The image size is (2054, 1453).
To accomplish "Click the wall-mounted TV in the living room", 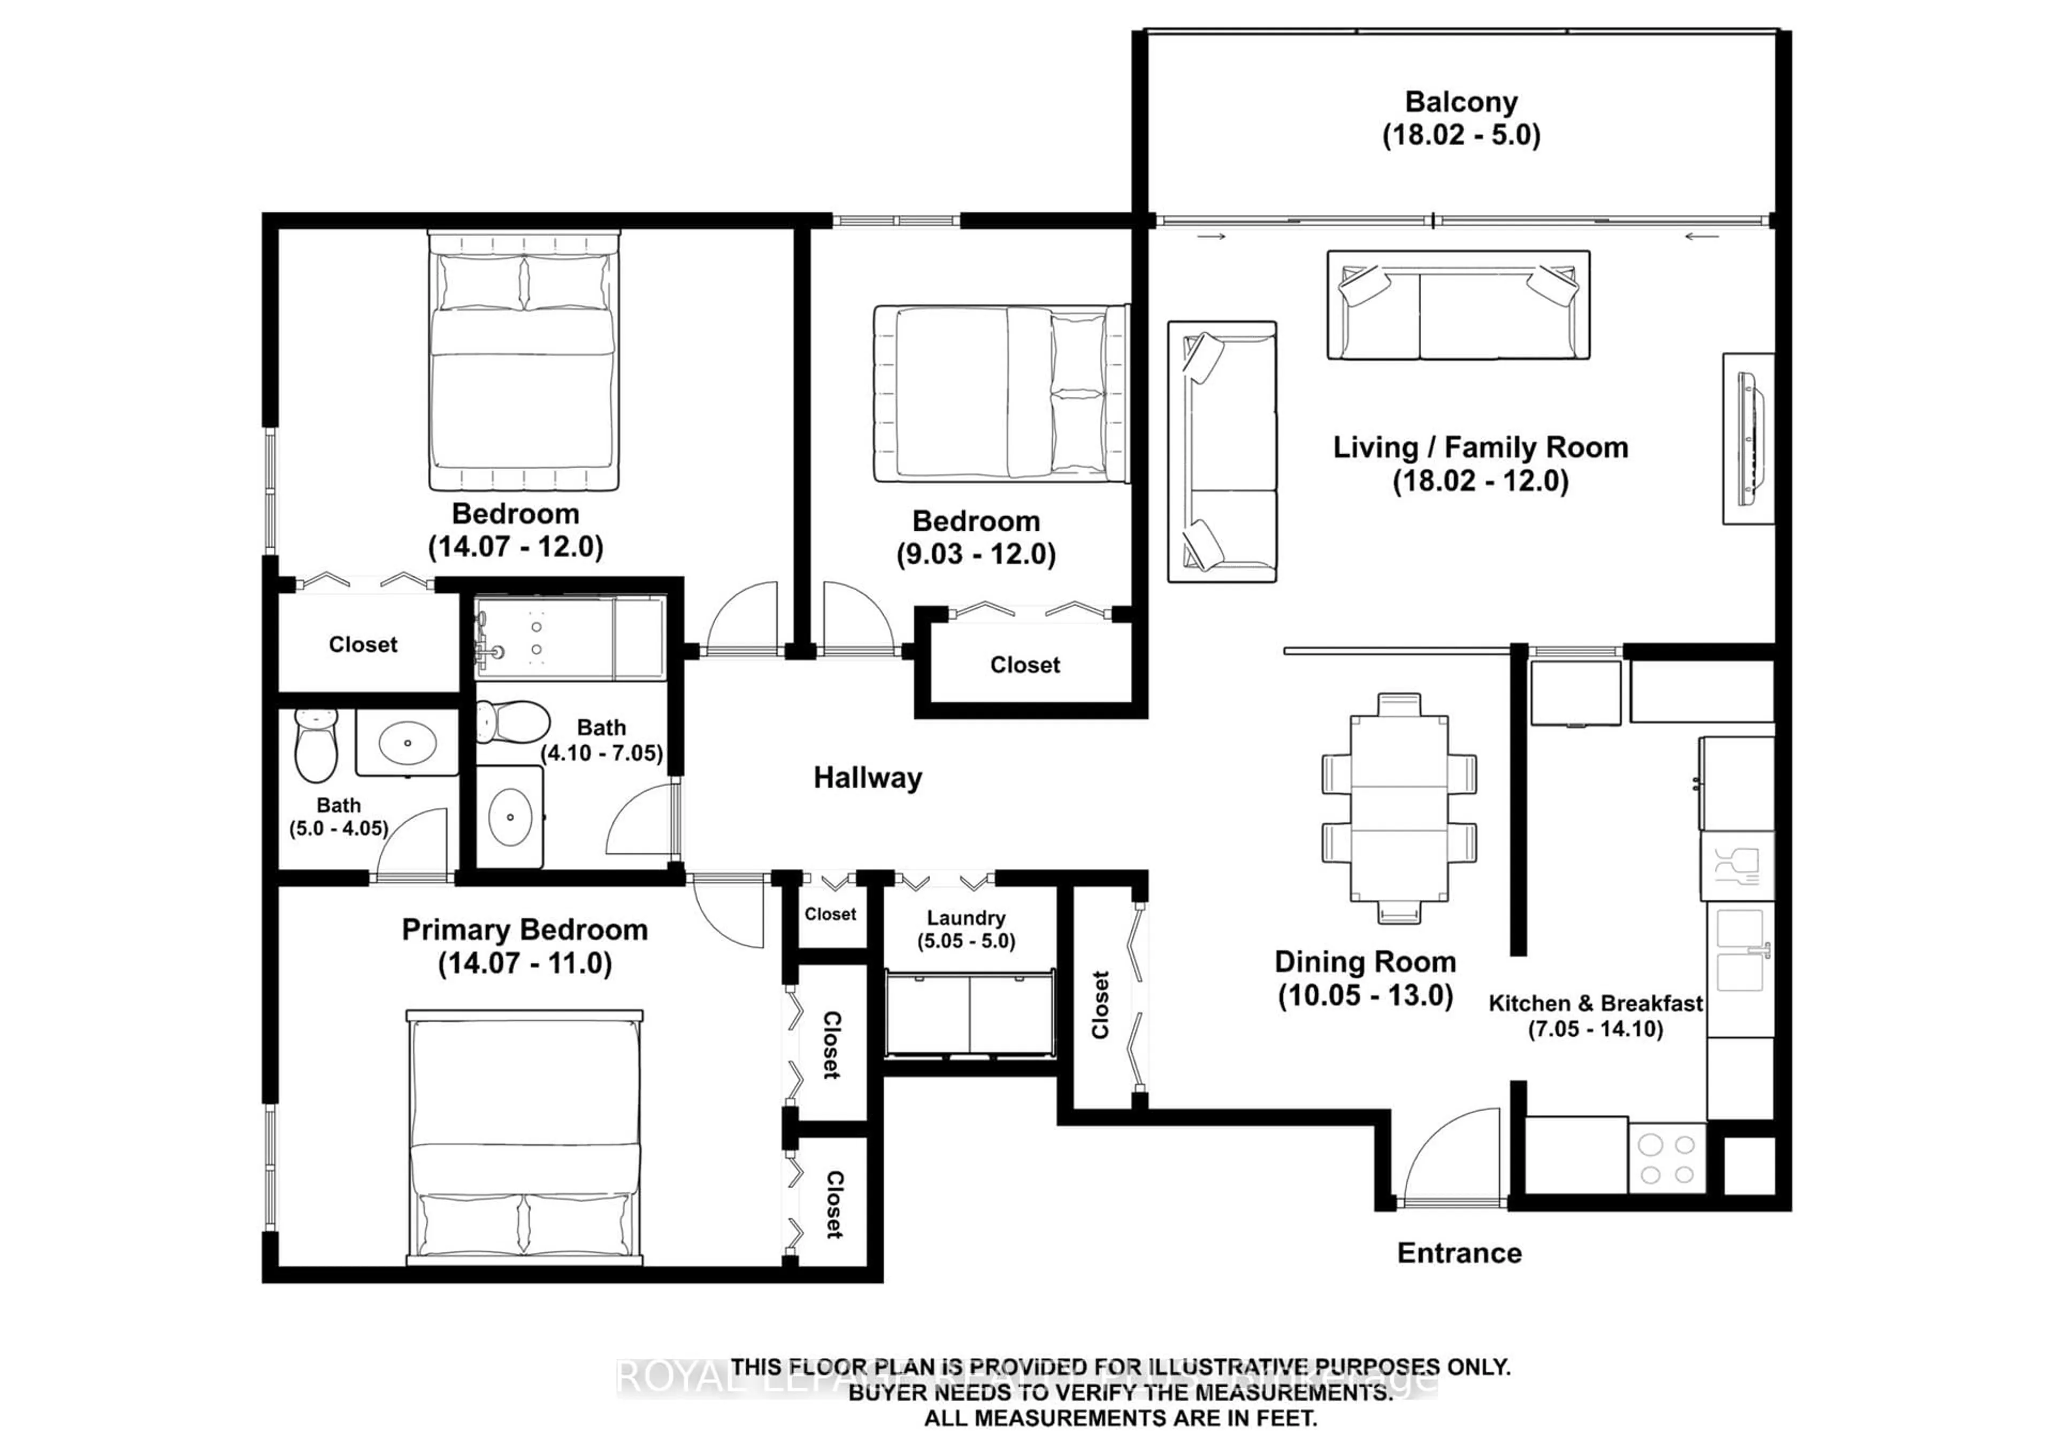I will [1747, 438].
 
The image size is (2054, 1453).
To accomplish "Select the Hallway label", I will [867, 777].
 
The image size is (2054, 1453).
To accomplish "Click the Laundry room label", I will [965, 918].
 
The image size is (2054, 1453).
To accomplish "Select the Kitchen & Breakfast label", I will [1595, 1004].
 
